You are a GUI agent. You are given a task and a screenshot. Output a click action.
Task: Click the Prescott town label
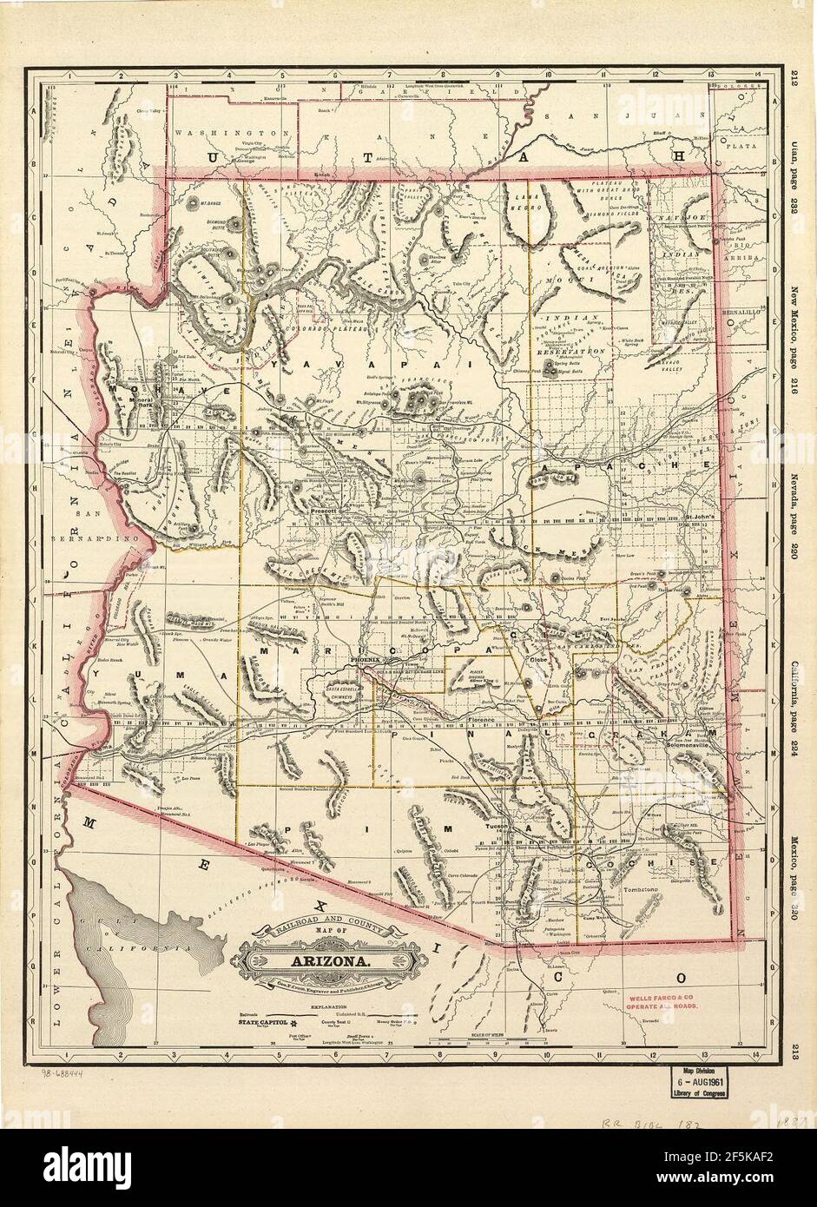tap(324, 512)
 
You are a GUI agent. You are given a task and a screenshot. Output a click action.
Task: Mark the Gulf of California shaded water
tap(148, 946)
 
